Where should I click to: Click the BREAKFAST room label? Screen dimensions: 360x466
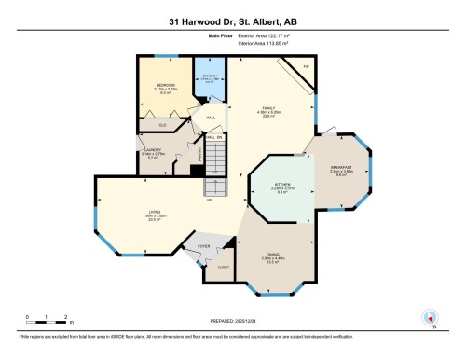(342, 171)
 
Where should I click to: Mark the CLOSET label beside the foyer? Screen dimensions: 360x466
(222, 266)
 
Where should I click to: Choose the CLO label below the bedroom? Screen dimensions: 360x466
(162, 124)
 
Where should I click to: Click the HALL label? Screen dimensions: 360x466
(211, 117)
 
